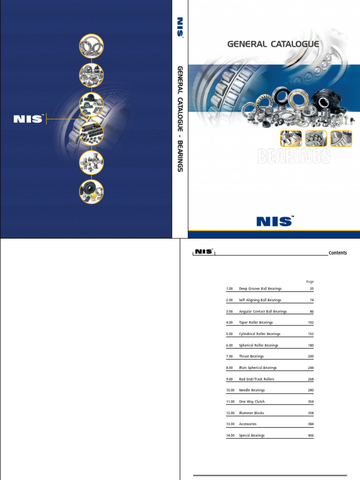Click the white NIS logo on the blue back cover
coord(28,119)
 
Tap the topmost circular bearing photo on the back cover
coord(91,46)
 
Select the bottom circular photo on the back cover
coord(91,192)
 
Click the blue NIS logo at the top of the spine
coord(180,27)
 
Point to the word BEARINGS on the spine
coord(180,156)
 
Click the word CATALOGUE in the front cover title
coord(295,44)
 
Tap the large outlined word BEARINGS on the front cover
coord(294,156)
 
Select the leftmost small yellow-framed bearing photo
coord(291,138)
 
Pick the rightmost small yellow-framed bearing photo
coord(341,138)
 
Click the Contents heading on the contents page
coord(337,253)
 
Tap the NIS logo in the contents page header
coord(204,252)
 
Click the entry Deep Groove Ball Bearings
coord(260,289)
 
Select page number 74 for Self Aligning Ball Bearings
coord(312,300)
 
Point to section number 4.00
coord(229,322)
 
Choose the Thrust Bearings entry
coord(251,356)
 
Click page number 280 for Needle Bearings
coord(311,390)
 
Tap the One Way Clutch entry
coord(252,402)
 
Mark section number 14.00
coord(230,435)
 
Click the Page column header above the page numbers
coord(310,282)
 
